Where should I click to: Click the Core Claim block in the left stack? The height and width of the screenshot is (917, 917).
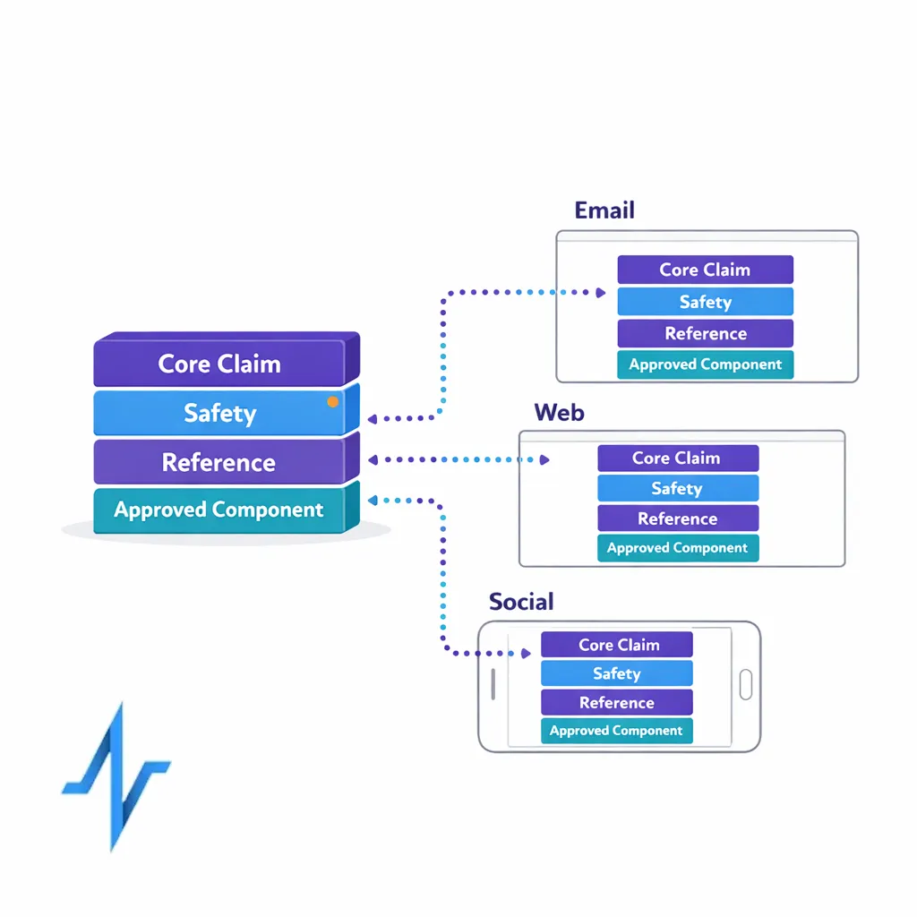point(219,364)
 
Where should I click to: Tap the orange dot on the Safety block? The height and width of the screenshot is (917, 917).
point(333,402)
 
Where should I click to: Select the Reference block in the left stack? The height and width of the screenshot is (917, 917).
point(219,462)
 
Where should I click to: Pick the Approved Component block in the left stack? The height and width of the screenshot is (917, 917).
point(219,510)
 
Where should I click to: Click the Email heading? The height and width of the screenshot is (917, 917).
point(604,210)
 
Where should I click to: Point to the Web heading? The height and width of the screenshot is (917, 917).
point(559,413)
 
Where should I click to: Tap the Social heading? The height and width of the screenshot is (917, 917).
point(521,602)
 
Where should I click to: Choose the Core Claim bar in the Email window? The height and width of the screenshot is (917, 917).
point(705,270)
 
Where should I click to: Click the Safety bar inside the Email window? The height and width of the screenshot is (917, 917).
point(705,302)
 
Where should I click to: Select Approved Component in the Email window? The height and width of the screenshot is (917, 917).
point(705,364)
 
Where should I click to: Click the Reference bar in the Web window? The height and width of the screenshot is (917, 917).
point(678,518)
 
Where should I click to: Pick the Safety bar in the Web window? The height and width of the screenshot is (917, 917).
point(678,488)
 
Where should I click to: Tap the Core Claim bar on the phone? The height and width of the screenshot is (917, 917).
point(617,645)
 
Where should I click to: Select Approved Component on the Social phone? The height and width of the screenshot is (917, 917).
point(617,731)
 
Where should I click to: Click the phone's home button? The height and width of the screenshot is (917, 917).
point(745,685)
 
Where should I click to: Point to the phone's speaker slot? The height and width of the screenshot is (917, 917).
point(493,685)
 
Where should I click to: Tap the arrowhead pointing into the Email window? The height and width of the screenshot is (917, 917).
point(601,292)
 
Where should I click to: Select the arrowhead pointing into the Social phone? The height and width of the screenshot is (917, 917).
point(525,654)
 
